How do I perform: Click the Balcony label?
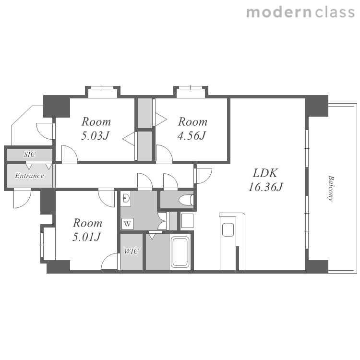tap(331, 189)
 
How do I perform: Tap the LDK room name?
tap(265, 173)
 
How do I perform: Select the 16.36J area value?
tap(265, 187)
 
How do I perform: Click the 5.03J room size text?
tap(95, 135)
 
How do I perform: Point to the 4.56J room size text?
tap(192, 135)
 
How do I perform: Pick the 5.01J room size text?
tap(86, 237)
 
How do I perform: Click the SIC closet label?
tap(30, 154)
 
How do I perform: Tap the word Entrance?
tap(29, 176)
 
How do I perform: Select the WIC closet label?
tap(132, 251)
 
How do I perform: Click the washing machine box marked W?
tap(127, 223)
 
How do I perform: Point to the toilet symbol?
tap(186, 200)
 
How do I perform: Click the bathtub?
tap(180, 252)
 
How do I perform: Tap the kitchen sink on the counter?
tap(228, 229)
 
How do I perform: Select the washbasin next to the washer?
tap(126, 198)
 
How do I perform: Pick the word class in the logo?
tap(335, 12)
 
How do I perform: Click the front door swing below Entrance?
tap(22, 199)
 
